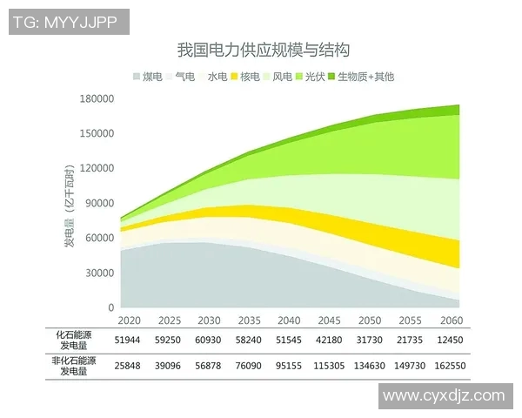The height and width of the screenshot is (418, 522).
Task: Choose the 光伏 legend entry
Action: click(x=311, y=77)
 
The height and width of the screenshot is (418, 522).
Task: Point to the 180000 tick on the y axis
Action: click(x=98, y=99)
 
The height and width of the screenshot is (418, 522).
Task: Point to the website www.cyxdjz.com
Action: click(x=444, y=395)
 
